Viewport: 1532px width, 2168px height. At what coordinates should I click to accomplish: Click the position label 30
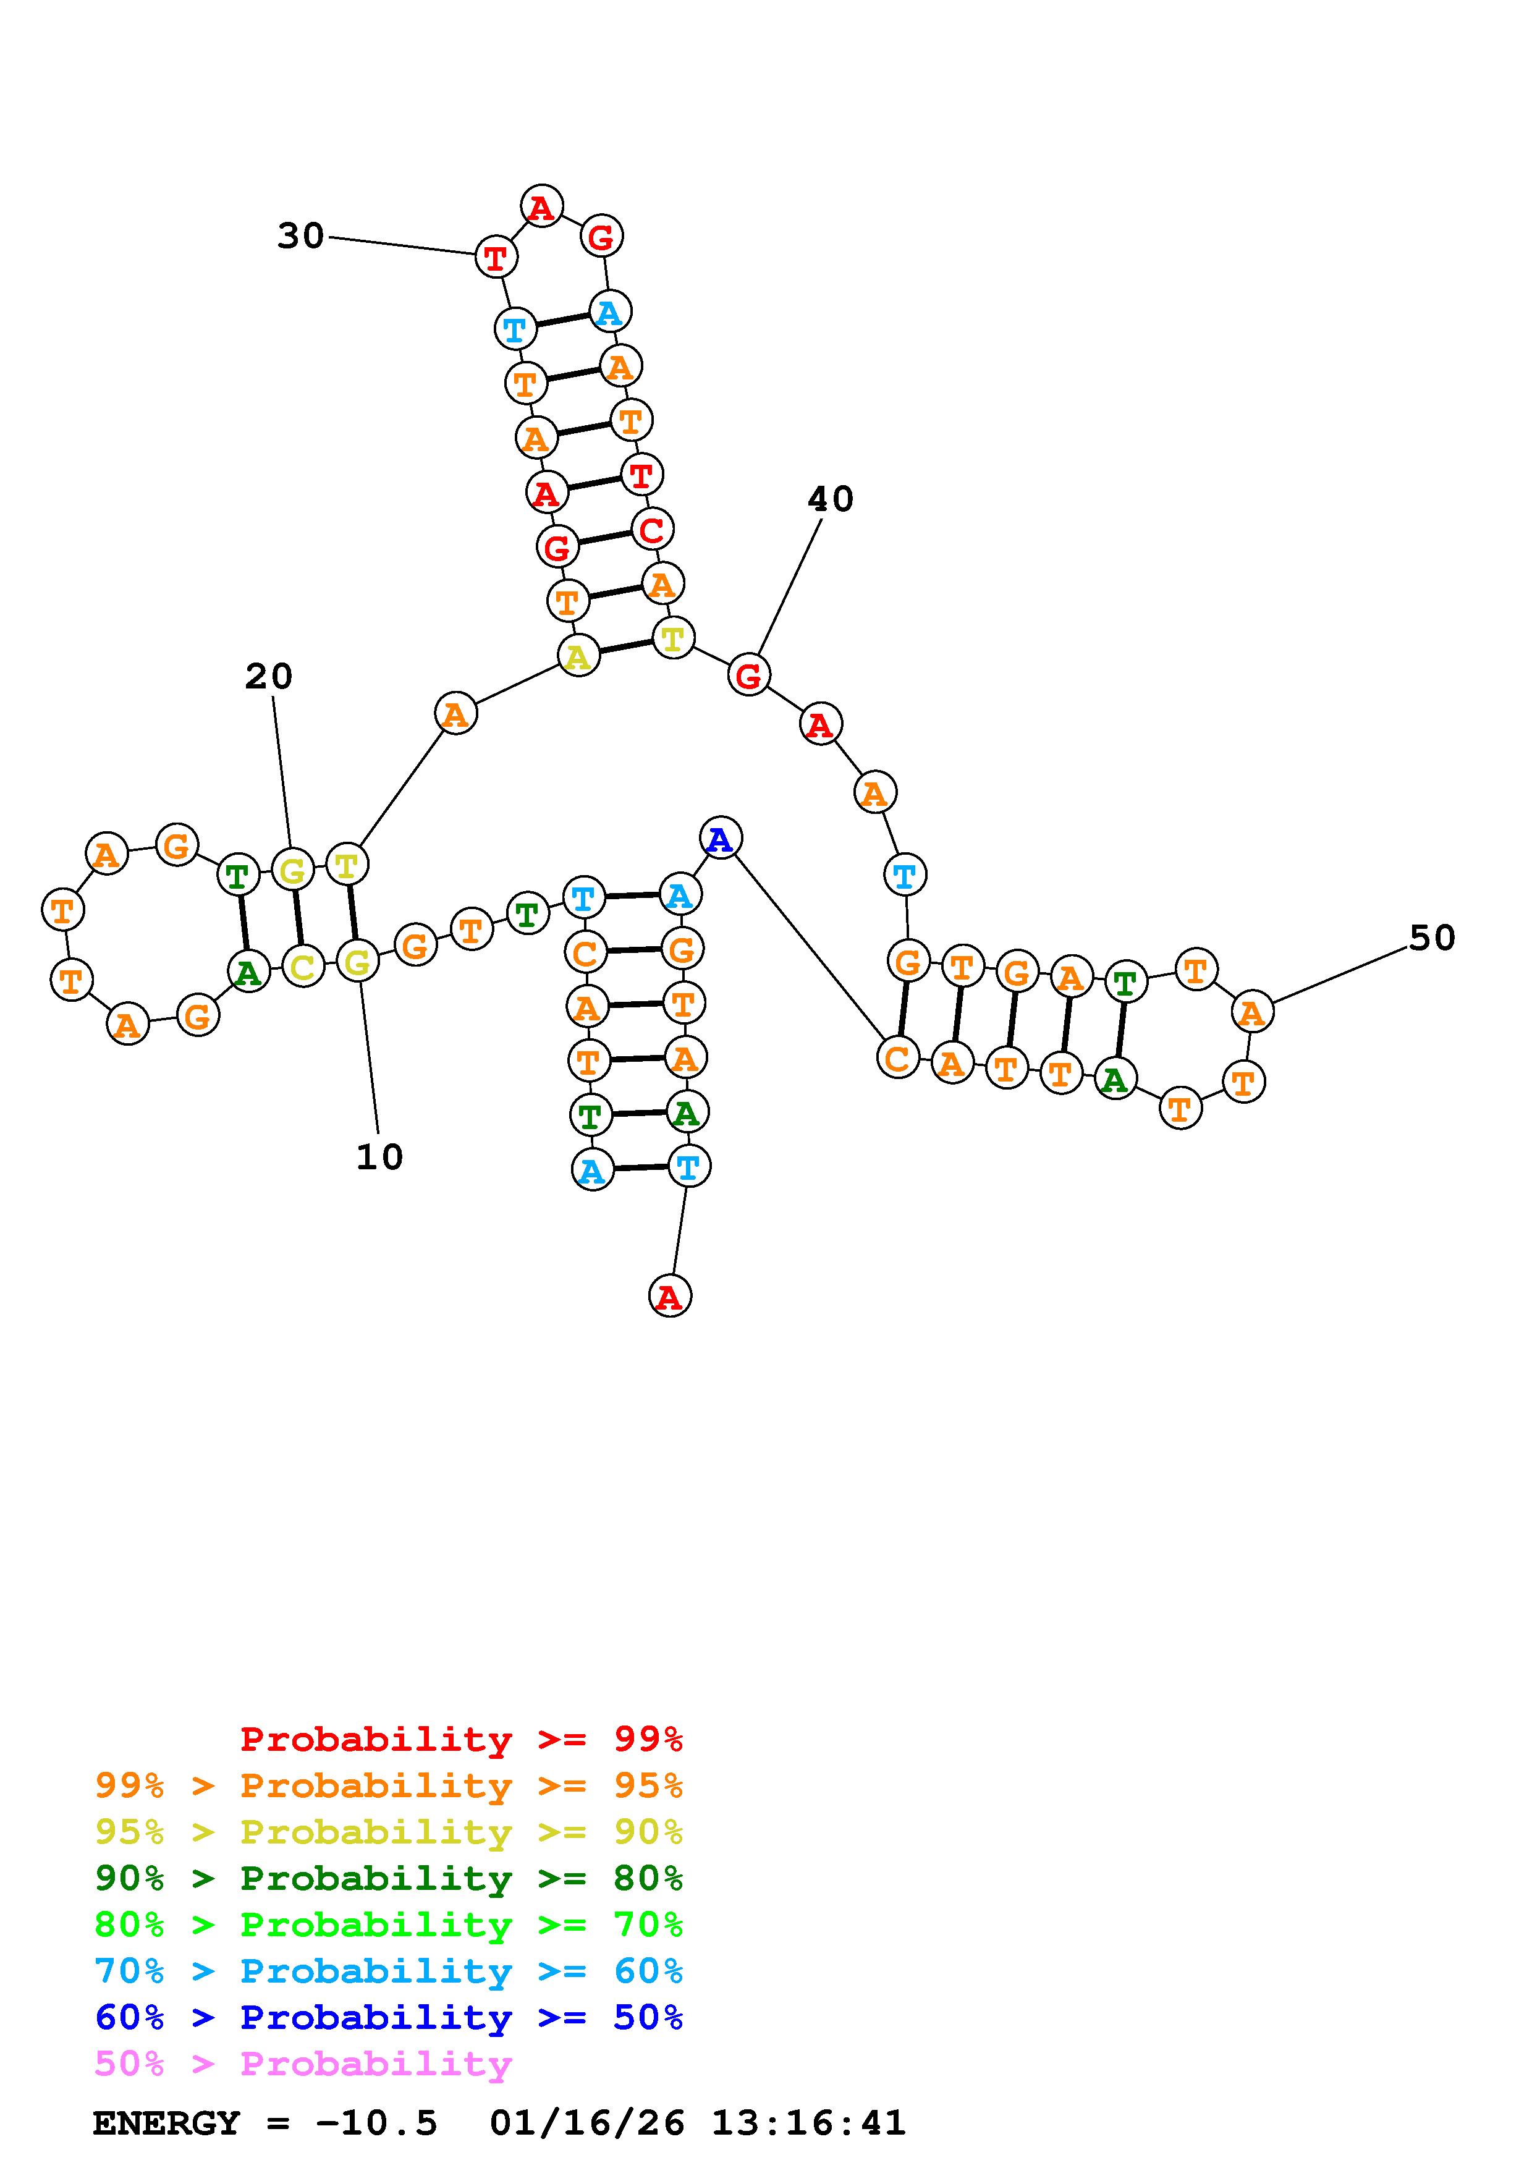(x=300, y=236)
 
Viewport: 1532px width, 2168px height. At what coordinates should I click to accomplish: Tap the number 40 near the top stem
(x=831, y=499)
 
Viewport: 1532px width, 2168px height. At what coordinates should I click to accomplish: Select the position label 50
(x=1432, y=938)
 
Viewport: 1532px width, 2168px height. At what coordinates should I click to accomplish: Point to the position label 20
(x=269, y=676)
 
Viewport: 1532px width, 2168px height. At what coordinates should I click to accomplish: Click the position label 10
(x=379, y=1157)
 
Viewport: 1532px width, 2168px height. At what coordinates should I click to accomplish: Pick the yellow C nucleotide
(x=303, y=966)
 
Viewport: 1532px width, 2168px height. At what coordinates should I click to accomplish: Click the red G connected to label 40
(x=748, y=675)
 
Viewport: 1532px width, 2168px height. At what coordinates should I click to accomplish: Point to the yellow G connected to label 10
(x=358, y=962)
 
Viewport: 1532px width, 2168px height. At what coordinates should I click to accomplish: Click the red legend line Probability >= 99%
(x=462, y=1738)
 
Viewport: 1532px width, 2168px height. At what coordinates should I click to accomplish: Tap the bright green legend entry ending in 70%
(x=389, y=1925)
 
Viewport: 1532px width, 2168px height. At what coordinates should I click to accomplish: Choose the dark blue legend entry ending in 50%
(x=389, y=2017)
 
